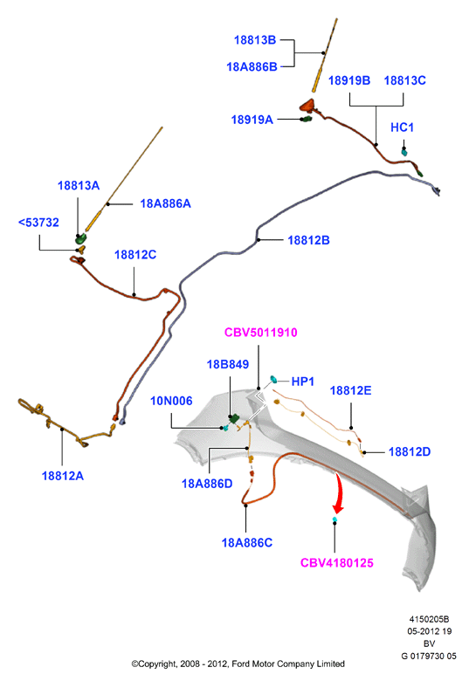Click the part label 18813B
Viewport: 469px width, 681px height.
(255, 40)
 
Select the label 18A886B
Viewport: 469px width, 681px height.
(252, 67)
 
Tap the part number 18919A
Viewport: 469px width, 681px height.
(252, 120)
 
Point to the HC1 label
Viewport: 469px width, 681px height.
(402, 127)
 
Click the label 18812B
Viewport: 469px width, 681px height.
(309, 240)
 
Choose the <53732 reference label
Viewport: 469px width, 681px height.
(38, 223)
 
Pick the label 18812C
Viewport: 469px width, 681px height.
(135, 255)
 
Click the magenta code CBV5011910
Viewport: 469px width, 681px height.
(260, 333)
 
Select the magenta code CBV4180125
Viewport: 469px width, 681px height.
(337, 563)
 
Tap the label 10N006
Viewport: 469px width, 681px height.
(171, 401)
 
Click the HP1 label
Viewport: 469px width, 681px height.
(303, 382)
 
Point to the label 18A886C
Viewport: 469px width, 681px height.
(247, 543)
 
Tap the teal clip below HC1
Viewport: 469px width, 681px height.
(404, 152)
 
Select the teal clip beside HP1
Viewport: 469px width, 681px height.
(274, 380)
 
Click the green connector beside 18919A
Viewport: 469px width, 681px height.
(307, 119)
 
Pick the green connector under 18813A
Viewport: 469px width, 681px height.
(80, 238)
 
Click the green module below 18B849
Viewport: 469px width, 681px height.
(234, 419)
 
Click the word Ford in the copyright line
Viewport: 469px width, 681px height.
(240, 664)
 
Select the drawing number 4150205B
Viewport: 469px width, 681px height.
(429, 619)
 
